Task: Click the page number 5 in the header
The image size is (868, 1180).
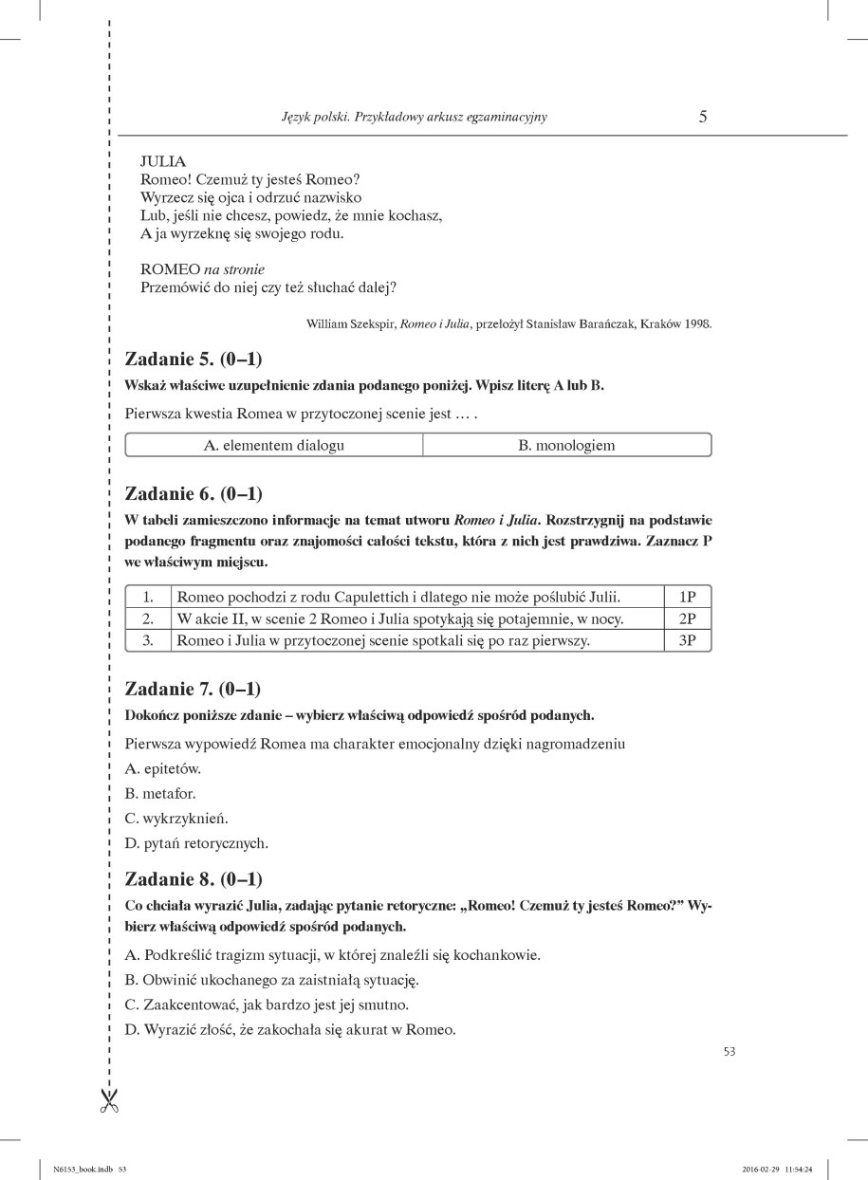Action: tap(703, 118)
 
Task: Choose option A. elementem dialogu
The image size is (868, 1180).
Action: tap(274, 445)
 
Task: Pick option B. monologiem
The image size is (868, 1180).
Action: tap(566, 445)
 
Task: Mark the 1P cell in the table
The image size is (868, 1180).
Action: tap(688, 597)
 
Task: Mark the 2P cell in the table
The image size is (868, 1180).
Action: tap(688, 618)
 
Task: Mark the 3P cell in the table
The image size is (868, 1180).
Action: tap(688, 640)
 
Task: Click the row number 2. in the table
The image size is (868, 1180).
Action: tap(148, 618)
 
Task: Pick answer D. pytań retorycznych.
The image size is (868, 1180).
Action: tap(197, 842)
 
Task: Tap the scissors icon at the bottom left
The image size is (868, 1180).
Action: tap(109, 1100)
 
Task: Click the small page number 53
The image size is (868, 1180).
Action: tap(729, 1050)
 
